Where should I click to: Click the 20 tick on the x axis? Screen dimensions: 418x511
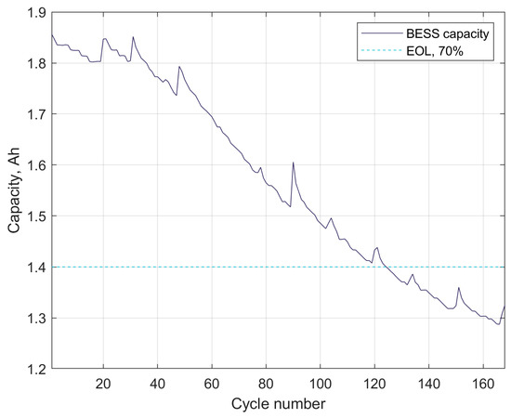coord(103,382)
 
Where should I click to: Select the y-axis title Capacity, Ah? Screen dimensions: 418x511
coord(13,190)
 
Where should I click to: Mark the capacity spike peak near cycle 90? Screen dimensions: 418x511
coord(294,163)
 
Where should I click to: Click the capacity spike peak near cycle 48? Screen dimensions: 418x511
coord(179,67)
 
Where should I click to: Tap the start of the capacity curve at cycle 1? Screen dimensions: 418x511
coord(52,35)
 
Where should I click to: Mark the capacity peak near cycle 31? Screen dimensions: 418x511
coord(133,37)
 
